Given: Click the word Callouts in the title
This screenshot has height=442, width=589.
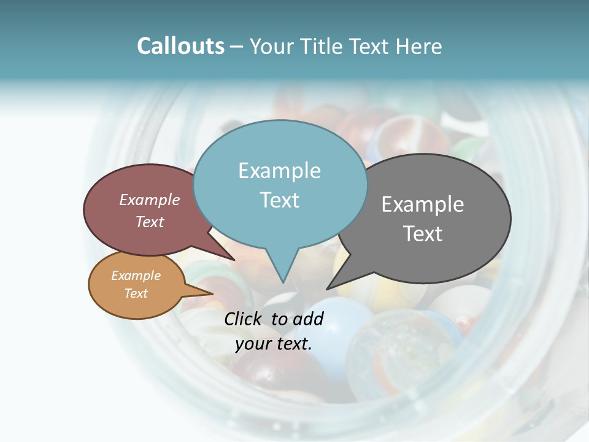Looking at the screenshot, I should [180, 46].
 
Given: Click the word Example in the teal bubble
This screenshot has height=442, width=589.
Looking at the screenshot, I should [279, 171].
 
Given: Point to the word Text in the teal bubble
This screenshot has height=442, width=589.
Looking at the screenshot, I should [279, 200].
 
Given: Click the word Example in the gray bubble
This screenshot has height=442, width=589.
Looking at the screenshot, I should [423, 204].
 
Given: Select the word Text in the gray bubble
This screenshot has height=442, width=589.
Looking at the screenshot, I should [423, 234].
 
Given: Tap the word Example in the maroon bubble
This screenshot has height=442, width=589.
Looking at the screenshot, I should [150, 200].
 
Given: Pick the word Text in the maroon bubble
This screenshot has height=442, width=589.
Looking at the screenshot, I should [150, 222].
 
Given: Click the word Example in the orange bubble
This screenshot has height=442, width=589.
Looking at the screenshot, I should [136, 276].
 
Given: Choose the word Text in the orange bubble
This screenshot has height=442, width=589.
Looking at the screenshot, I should [136, 293].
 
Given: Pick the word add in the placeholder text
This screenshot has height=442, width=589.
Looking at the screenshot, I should [309, 319].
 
